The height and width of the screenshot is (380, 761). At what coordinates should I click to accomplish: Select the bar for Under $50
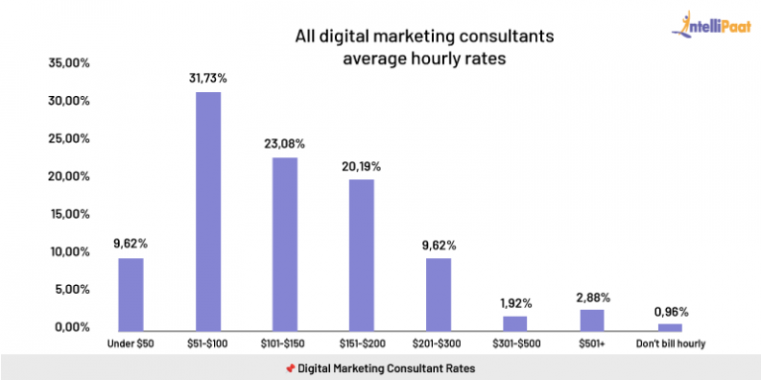pyautogui.click(x=131, y=294)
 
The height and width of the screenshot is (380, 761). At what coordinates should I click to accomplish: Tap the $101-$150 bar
pyautogui.click(x=284, y=243)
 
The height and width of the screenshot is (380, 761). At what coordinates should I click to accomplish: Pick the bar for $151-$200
pyautogui.click(x=362, y=254)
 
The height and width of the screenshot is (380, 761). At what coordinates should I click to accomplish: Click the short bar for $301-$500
pyautogui.click(x=516, y=323)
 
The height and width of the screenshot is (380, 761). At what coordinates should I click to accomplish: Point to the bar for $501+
pyautogui.click(x=593, y=320)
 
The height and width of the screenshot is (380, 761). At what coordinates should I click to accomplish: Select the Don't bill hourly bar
pyautogui.click(x=671, y=327)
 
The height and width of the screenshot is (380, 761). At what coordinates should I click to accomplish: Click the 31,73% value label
pyautogui.click(x=208, y=77)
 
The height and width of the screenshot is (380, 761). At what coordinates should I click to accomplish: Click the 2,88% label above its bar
pyautogui.click(x=593, y=295)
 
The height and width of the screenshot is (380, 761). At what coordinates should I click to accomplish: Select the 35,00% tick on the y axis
pyautogui.click(x=69, y=63)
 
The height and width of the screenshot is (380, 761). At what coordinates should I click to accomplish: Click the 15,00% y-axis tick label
pyautogui.click(x=69, y=214)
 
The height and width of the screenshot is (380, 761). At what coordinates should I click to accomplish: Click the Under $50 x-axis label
pyautogui.click(x=131, y=343)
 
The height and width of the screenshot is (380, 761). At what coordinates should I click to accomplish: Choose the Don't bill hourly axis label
pyautogui.click(x=671, y=343)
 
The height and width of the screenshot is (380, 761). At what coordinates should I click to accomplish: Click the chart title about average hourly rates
pyautogui.click(x=410, y=47)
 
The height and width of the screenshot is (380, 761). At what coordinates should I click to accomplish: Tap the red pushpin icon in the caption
pyautogui.click(x=290, y=368)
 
